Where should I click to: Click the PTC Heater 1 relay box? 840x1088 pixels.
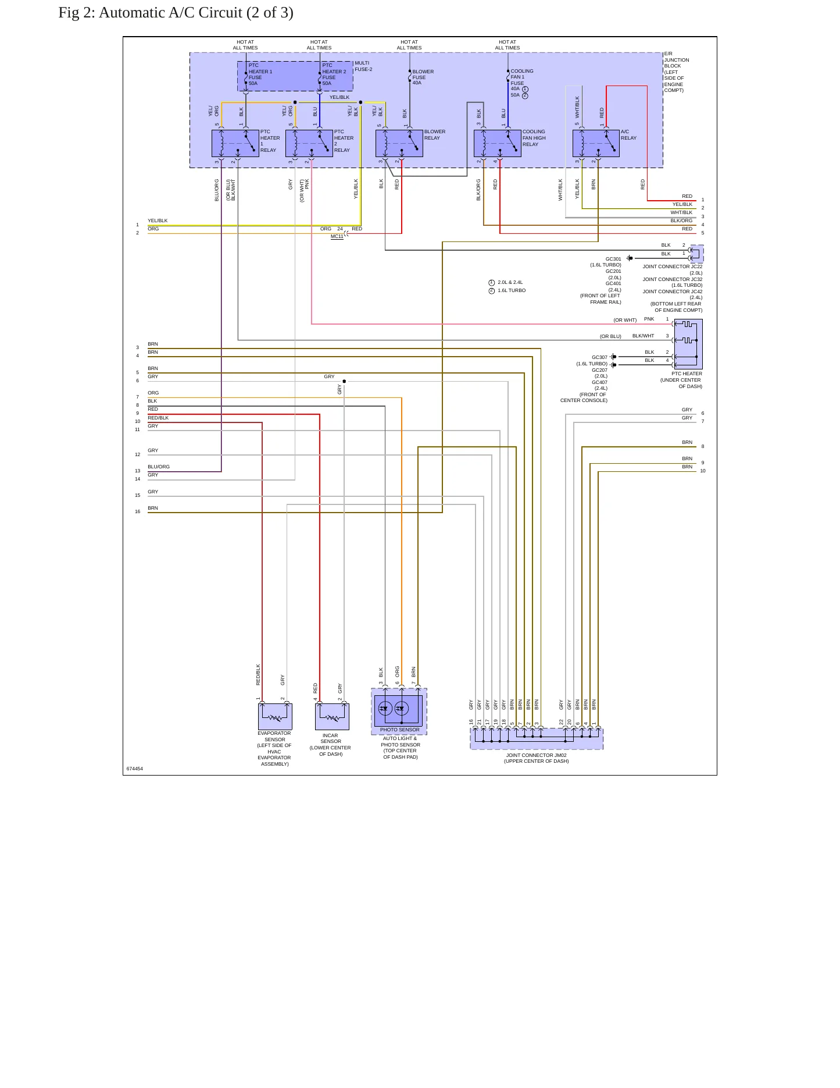pyautogui.click(x=235, y=143)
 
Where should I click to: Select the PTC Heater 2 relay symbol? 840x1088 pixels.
pyautogui.click(x=309, y=143)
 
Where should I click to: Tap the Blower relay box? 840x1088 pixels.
pyautogui.click(x=399, y=143)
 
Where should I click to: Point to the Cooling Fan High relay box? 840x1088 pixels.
pyautogui.click(x=498, y=143)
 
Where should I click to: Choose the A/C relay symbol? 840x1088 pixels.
pyautogui.click(x=596, y=143)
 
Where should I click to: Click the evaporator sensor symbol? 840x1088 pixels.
pyautogui.click(x=275, y=716)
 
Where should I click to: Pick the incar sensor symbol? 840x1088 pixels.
pyautogui.click(x=332, y=716)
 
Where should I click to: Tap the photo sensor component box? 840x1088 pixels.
pyautogui.click(x=399, y=711)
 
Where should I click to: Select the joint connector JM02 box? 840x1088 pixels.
pyautogui.click(x=537, y=738)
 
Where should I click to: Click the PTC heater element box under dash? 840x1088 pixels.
pyautogui.click(x=688, y=344)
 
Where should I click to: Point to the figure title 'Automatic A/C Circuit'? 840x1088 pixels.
pyautogui.click(x=176, y=13)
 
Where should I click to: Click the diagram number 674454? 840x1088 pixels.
pyautogui.click(x=135, y=769)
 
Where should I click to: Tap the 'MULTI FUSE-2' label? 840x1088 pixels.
pyautogui.click(x=363, y=66)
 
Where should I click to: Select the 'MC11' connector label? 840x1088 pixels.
pyautogui.click(x=337, y=236)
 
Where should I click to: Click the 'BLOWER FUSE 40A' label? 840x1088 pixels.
pyautogui.click(x=423, y=77)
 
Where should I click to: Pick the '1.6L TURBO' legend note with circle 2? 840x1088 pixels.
pyautogui.click(x=507, y=290)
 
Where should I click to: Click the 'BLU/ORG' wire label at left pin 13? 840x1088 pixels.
pyautogui.click(x=159, y=467)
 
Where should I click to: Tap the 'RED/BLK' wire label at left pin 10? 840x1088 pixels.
pyautogui.click(x=158, y=418)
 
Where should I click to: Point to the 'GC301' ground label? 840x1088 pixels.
pyautogui.click(x=613, y=259)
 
